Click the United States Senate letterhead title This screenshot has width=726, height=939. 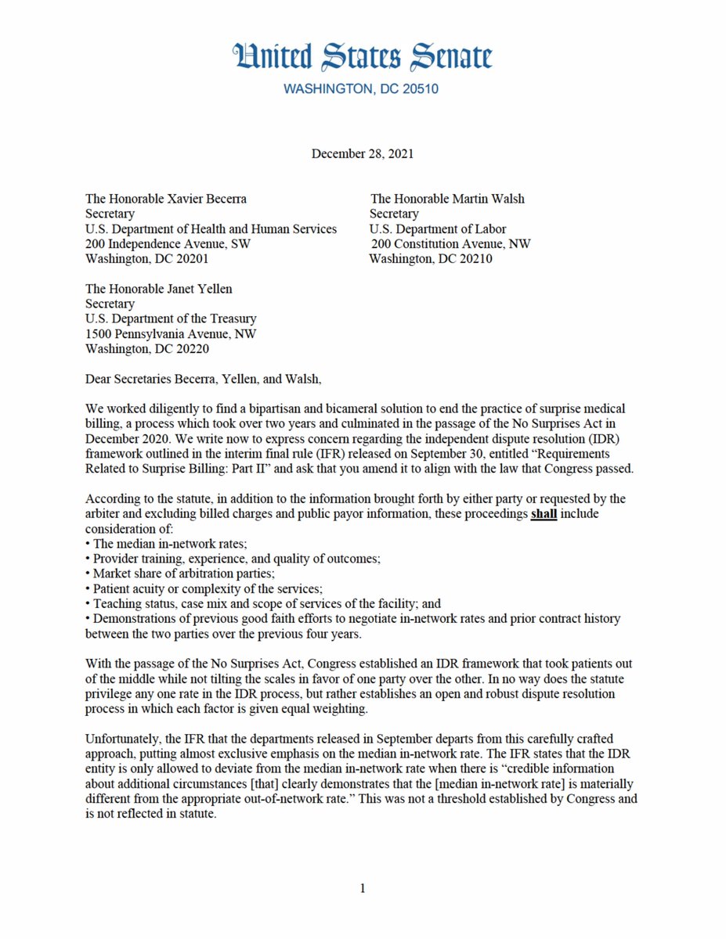[x=363, y=57]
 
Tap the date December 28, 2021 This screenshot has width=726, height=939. [x=362, y=153]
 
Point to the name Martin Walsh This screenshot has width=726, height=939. [x=489, y=199]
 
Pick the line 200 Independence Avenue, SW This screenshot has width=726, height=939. [x=168, y=244]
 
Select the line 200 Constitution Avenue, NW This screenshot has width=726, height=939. [x=450, y=244]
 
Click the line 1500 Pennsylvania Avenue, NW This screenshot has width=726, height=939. [x=170, y=334]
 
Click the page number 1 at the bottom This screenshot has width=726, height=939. [x=363, y=888]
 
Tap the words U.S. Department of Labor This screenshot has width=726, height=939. [x=438, y=229]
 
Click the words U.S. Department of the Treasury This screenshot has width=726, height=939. [x=170, y=319]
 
